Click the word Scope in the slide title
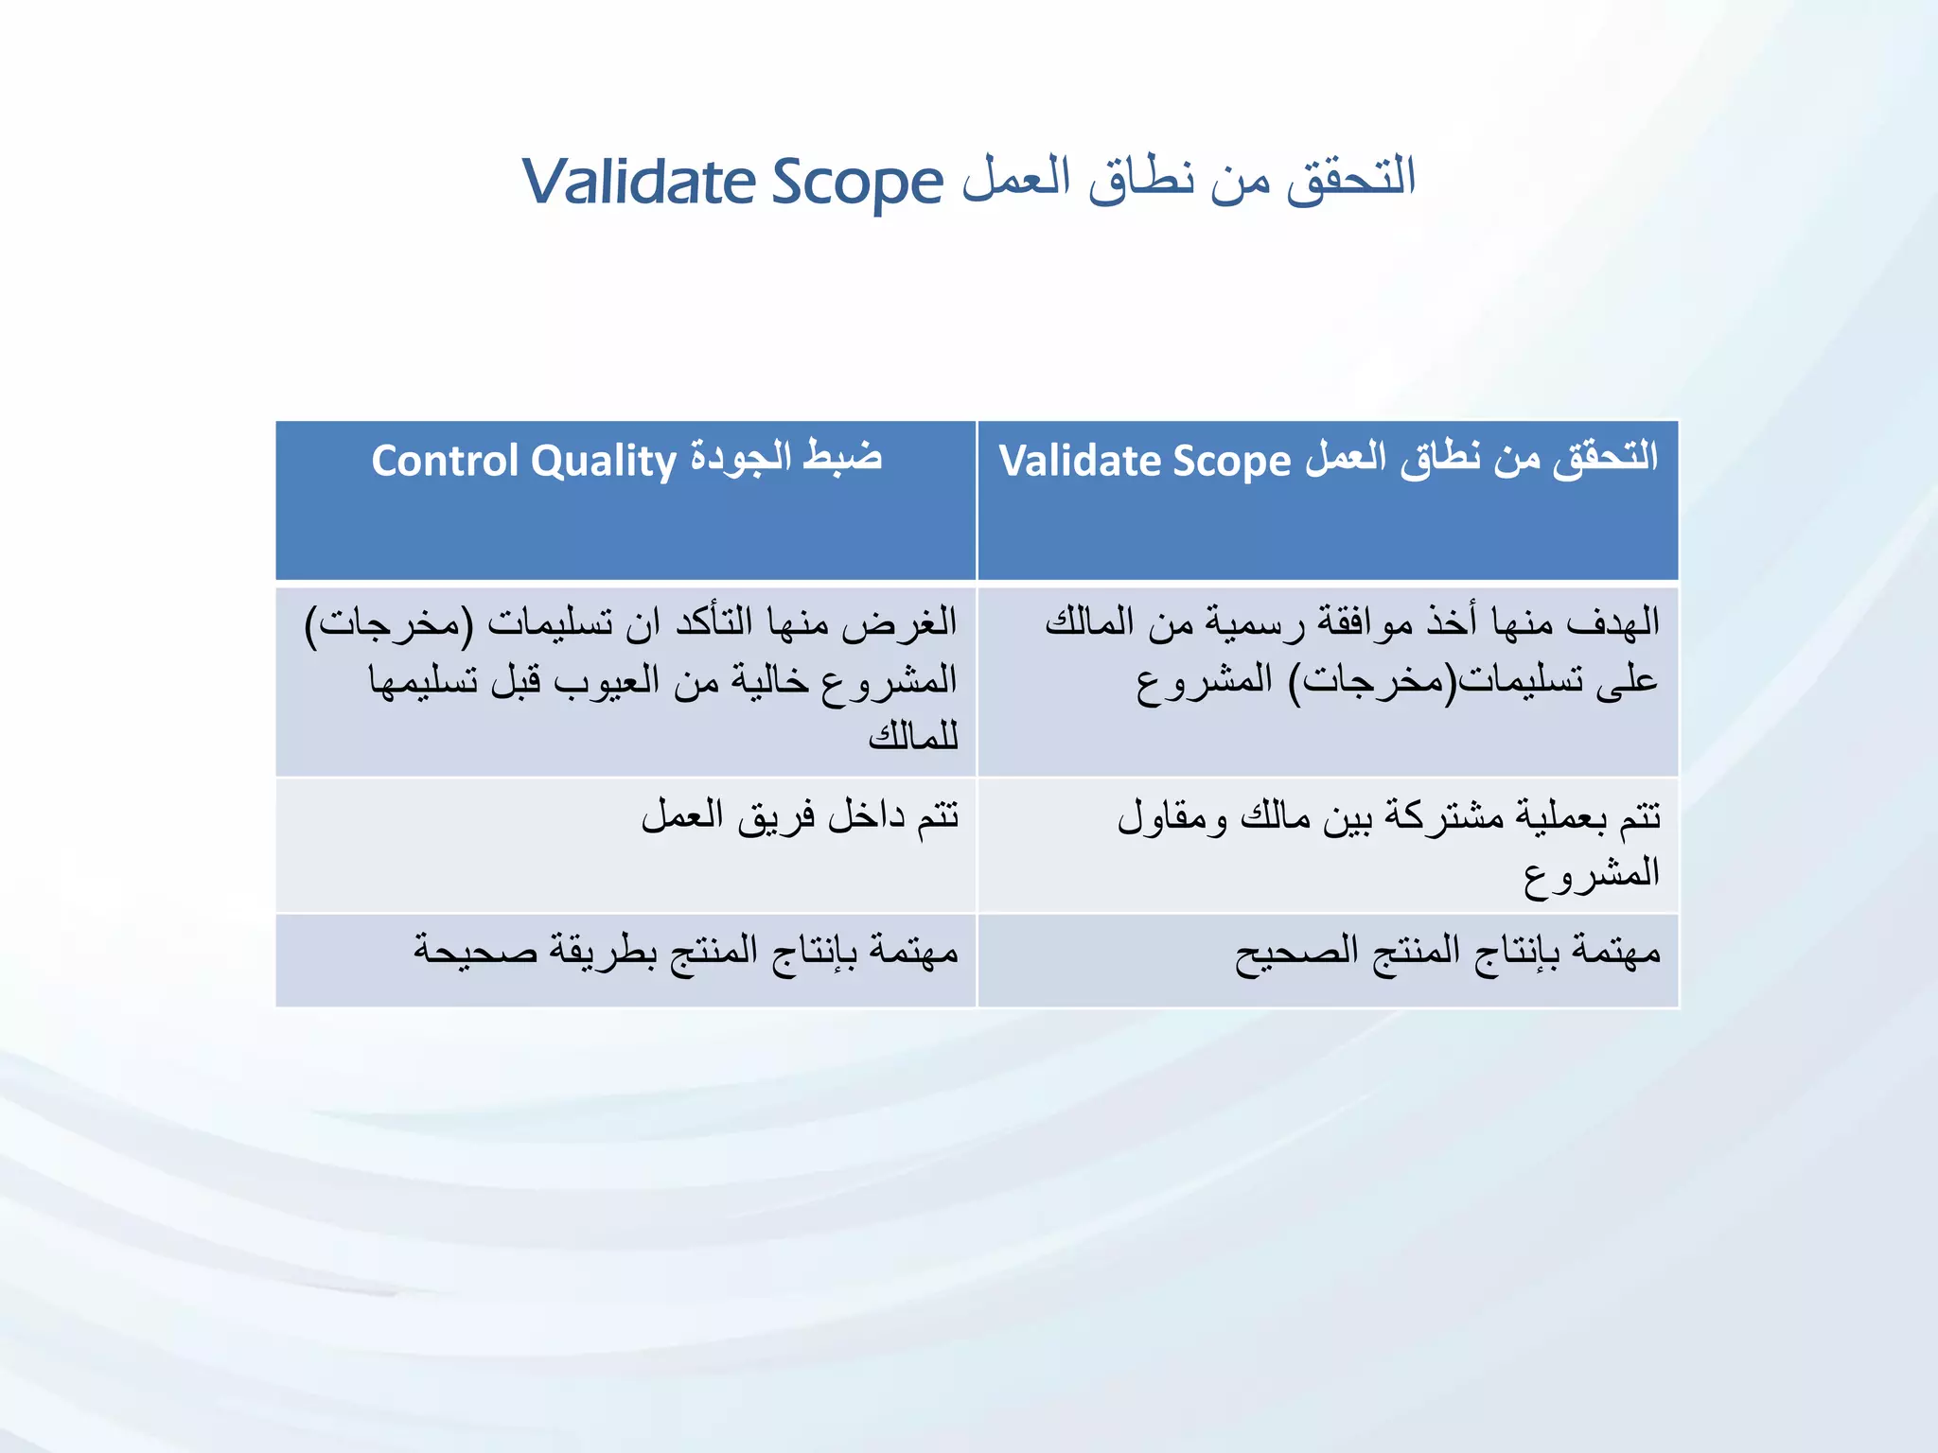(857, 182)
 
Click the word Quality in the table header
(603, 462)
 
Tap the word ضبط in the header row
(843, 457)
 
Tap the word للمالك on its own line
(913, 735)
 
